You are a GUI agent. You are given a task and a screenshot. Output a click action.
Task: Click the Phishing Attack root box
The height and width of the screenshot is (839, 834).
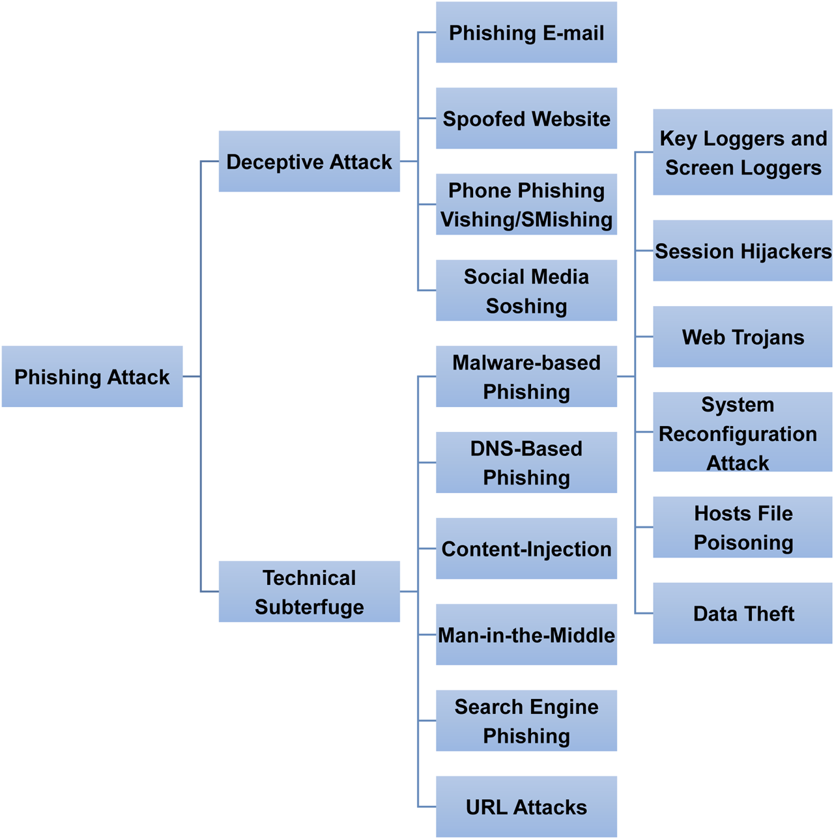click(92, 377)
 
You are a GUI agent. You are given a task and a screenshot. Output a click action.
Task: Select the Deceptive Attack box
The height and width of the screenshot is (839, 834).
click(309, 162)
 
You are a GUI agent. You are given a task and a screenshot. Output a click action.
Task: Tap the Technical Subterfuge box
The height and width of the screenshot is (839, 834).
click(309, 591)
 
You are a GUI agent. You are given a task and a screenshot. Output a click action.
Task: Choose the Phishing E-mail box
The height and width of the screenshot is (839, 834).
click(526, 33)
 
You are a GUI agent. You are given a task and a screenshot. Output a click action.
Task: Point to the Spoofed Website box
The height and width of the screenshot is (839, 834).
click(526, 119)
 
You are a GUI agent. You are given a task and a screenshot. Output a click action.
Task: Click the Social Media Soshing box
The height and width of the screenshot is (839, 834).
click(526, 291)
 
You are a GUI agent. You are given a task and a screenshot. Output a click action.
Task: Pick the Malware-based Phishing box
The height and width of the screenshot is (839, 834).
click(526, 377)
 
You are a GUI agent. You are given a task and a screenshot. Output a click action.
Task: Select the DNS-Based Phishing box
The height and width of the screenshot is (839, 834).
click(526, 462)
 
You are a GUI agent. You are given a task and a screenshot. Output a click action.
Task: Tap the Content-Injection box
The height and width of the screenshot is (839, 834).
click(526, 548)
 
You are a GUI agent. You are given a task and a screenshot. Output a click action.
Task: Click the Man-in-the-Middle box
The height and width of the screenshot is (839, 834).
click(526, 634)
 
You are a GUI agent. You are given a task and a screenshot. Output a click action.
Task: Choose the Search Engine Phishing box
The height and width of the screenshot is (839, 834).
click(526, 720)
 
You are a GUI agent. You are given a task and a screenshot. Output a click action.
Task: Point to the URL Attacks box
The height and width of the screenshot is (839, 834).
click(526, 806)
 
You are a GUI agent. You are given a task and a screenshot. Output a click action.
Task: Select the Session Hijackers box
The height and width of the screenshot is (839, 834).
click(743, 251)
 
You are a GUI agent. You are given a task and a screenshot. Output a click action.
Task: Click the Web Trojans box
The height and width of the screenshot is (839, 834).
click(743, 337)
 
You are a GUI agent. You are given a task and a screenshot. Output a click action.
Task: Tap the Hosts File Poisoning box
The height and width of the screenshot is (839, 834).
click(743, 527)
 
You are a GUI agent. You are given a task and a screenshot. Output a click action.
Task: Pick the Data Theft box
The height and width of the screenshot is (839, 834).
click(743, 613)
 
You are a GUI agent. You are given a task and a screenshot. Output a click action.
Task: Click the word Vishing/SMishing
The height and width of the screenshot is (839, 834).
click(526, 220)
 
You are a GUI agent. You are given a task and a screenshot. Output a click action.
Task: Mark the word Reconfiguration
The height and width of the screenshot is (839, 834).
click(738, 434)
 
